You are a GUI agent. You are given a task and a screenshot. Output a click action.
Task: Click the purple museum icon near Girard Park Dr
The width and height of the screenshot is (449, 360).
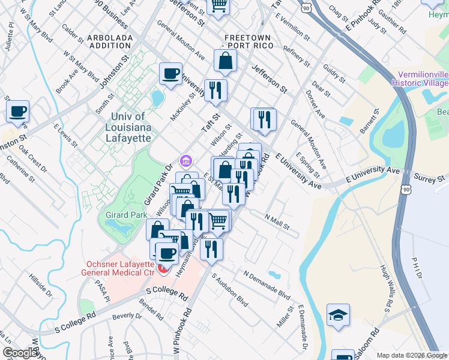click(186, 161)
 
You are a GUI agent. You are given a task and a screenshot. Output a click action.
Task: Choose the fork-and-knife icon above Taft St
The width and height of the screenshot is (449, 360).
click(215, 90)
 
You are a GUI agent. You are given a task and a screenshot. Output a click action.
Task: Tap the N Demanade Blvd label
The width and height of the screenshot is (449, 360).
click(267, 284)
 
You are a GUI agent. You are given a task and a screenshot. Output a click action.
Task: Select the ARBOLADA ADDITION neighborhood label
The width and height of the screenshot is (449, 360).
click(110, 41)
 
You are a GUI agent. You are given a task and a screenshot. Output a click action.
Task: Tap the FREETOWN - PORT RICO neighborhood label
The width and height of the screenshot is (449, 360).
click(247, 41)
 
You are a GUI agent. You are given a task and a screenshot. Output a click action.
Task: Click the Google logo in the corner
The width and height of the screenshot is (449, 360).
click(20, 353)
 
